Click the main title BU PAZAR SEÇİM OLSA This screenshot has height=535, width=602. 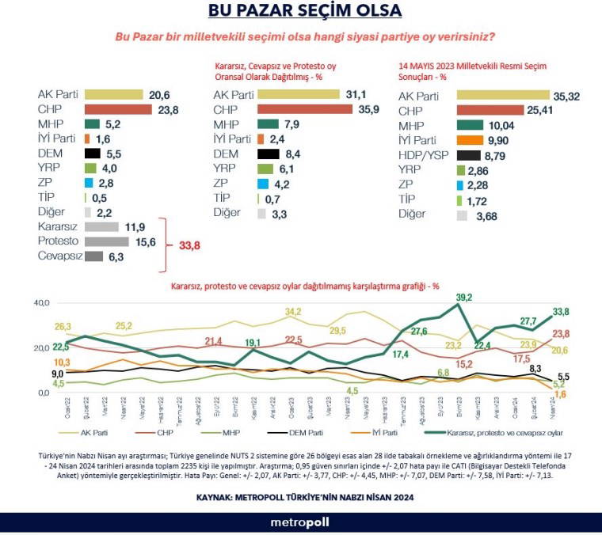[305, 11]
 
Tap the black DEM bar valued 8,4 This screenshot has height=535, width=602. [269, 155]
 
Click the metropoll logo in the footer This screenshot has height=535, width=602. [300, 522]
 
